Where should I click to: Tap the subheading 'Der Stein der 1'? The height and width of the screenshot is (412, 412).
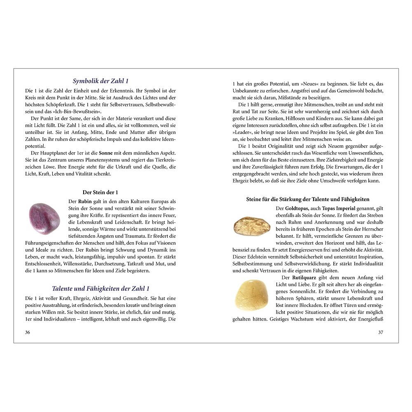pyautogui.click(x=101, y=192)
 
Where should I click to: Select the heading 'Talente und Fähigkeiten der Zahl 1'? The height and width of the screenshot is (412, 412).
pyautogui.click(x=101, y=288)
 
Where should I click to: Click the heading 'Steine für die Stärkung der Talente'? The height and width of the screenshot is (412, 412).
pyautogui.click(x=308, y=199)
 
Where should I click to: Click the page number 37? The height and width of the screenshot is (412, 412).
pyautogui.click(x=381, y=332)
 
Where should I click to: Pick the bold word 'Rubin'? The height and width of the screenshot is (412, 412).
pyautogui.click(x=85, y=201)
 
